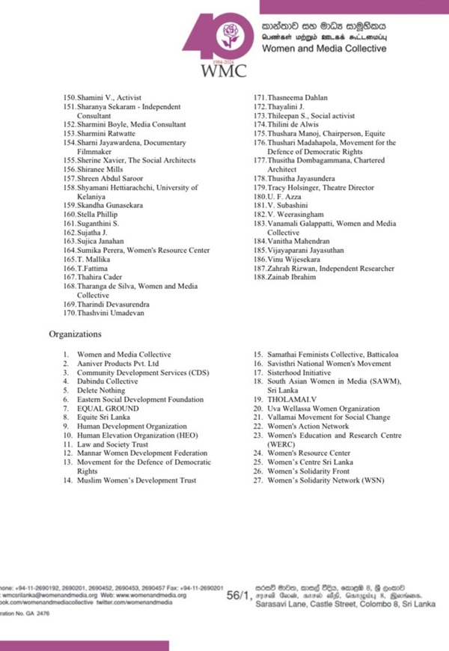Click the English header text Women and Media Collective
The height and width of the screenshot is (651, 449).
tap(323, 49)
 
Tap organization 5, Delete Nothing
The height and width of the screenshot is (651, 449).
tap(103, 391)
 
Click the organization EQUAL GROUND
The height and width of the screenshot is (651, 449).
tap(108, 409)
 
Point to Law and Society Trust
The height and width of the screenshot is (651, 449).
tap(114, 444)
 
